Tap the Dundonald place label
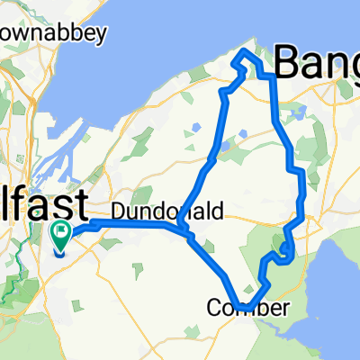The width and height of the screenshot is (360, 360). (150, 211)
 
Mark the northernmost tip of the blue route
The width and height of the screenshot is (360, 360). (240, 55)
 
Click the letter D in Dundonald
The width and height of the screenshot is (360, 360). (119, 211)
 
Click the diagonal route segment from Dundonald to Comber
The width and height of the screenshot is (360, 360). (211, 267)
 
